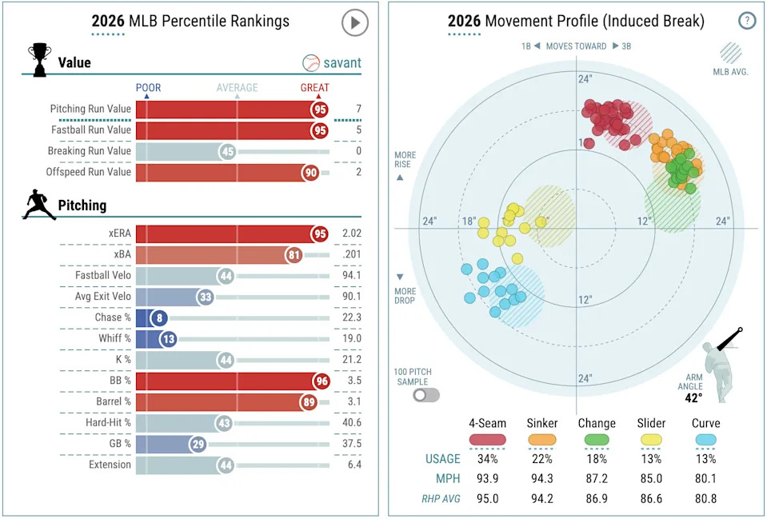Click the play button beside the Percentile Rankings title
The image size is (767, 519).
click(x=354, y=22)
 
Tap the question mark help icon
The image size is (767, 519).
click(x=746, y=22)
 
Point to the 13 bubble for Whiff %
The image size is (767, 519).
click(x=166, y=339)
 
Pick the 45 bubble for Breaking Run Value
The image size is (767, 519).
click(x=227, y=151)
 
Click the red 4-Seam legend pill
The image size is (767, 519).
click(x=488, y=440)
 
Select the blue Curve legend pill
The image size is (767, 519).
click(x=706, y=440)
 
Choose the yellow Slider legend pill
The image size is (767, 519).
click(x=651, y=440)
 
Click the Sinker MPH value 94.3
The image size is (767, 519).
click(x=542, y=479)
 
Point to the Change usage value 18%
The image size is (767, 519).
click(x=597, y=459)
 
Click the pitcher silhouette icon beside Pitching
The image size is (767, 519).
click(x=39, y=205)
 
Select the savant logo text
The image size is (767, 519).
click(x=342, y=62)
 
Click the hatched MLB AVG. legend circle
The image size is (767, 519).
click(x=730, y=53)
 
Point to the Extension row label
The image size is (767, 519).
click(x=110, y=465)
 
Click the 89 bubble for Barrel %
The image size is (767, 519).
click(x=310, y=402)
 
